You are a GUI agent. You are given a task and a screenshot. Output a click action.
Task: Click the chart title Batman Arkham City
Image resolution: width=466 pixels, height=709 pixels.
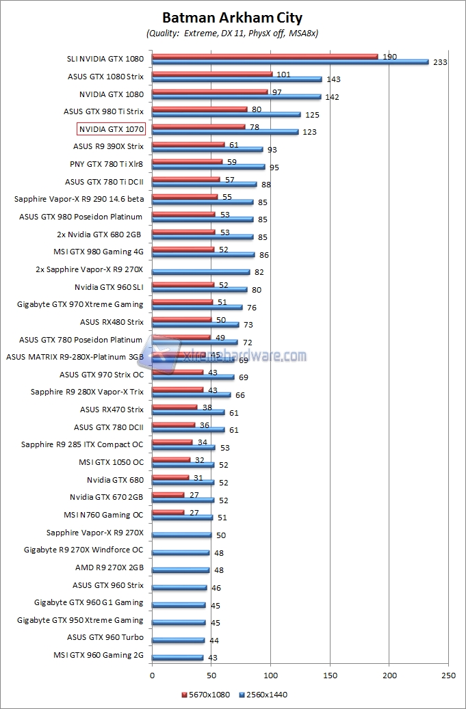(232, 18)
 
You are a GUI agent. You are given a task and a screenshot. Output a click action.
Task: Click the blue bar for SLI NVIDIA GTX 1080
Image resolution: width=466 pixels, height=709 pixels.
(290, 62)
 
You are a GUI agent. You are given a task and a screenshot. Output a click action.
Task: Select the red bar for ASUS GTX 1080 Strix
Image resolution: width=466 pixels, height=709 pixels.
(212, 74)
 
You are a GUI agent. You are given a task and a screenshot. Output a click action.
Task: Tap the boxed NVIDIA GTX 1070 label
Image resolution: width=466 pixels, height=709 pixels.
(111, 129)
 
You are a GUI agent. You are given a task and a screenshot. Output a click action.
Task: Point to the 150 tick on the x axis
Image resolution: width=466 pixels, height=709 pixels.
(330, 674)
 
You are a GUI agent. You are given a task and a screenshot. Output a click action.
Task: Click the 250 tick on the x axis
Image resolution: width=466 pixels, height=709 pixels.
(448, 674)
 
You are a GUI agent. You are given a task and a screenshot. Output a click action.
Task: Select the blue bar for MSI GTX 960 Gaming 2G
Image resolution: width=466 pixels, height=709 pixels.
(178, 658)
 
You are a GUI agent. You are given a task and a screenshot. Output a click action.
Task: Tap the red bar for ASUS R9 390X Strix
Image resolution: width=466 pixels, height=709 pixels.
(188, 144)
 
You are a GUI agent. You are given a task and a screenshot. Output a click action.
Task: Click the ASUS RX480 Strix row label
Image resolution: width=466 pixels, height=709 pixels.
(112, 321)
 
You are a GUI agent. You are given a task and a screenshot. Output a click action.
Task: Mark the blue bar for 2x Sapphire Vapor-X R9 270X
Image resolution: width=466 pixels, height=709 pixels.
(200, 271)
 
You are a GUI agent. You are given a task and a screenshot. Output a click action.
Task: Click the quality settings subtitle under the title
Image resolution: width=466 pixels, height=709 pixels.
(232, 33)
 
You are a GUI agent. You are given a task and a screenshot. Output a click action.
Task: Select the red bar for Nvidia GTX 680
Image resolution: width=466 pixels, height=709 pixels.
(170, 477)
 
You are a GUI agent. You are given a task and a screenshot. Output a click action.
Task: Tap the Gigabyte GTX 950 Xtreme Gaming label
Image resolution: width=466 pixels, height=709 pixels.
(80, 620)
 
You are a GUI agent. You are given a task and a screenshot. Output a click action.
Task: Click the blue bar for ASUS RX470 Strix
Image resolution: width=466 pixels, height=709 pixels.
(188, 412)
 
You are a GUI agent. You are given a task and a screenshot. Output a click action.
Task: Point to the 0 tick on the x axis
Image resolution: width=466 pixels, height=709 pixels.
(152, 674)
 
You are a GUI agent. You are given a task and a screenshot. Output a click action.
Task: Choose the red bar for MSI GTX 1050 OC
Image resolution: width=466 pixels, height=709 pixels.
(171, 459)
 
